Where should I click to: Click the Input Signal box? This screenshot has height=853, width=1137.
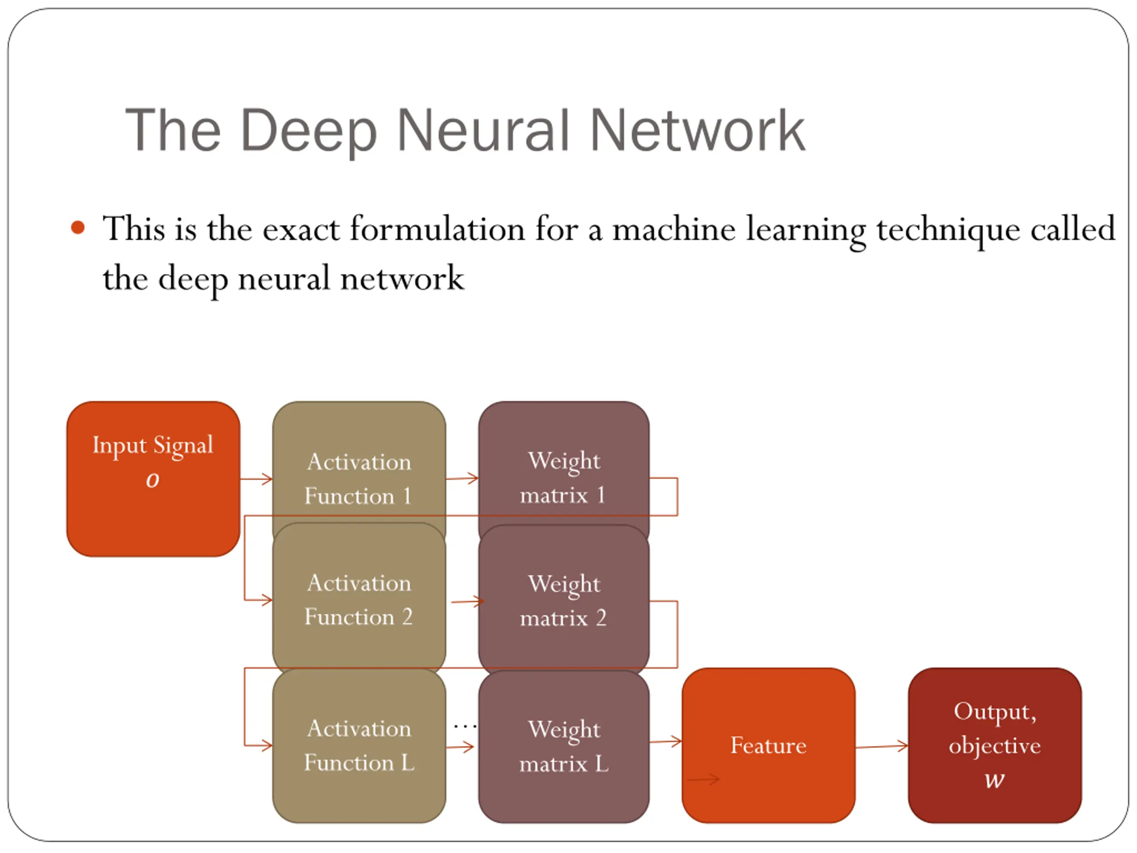(x=153, y=478)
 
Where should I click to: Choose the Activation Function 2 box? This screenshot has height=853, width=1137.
(x=359, y=599)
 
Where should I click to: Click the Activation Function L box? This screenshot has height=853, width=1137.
(x=359, y=745)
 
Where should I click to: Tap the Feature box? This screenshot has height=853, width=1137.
(x=768, y=745)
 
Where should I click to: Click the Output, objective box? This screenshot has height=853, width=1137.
(x=994, y=745)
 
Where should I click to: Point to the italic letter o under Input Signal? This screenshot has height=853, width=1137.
(x=153, y=480)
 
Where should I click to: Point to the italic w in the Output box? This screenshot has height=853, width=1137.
(x=994, y=780)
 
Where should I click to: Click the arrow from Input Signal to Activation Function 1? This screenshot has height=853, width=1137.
(x=256, y=479)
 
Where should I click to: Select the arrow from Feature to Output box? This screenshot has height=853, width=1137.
(x=882, y=746)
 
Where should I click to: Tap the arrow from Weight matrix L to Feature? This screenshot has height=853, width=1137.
(x=666, y=741)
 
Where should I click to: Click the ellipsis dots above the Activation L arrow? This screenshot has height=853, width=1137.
(x=465, y=726)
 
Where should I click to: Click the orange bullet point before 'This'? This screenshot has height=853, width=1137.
(x=78, y=227)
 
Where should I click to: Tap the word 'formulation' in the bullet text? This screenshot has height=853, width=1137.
(x=437, y=229)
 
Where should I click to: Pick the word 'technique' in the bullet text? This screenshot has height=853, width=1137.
(x=948, y=230)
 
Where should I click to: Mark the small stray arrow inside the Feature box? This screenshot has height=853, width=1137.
(x=704, y=780)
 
